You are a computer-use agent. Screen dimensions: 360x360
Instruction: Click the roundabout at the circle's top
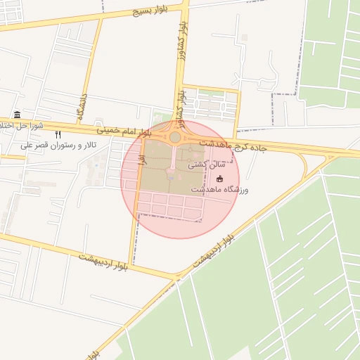[174, 137]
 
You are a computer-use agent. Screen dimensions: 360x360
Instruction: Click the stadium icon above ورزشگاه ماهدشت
[219, 179]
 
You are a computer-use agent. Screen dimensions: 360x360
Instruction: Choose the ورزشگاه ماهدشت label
[219, 190]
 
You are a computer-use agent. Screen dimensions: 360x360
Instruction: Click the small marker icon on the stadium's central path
[170, 176]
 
